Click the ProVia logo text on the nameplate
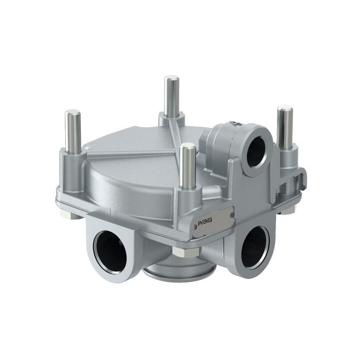[205, 222]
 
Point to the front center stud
[187, 165]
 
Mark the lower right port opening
[254, 247]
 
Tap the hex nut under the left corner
[68, 215]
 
